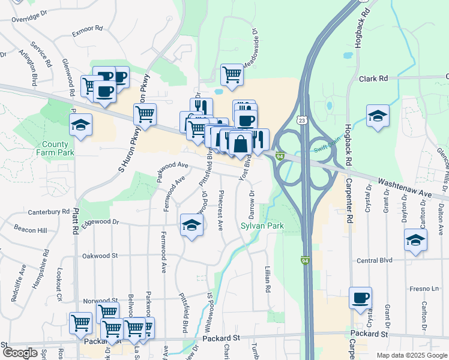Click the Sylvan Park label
pos(261,226)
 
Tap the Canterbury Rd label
pos(49,212)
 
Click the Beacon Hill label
pos(31,230)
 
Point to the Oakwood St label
pos(100,256)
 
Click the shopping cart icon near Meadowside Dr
pos(232,75)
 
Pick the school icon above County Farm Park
pos(80,125)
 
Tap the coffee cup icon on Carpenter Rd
pos(360,298)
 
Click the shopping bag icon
pos(240,144)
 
